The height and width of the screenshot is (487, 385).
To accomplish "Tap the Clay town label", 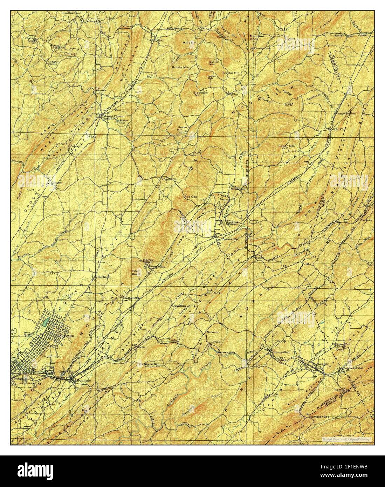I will [235, 94].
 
